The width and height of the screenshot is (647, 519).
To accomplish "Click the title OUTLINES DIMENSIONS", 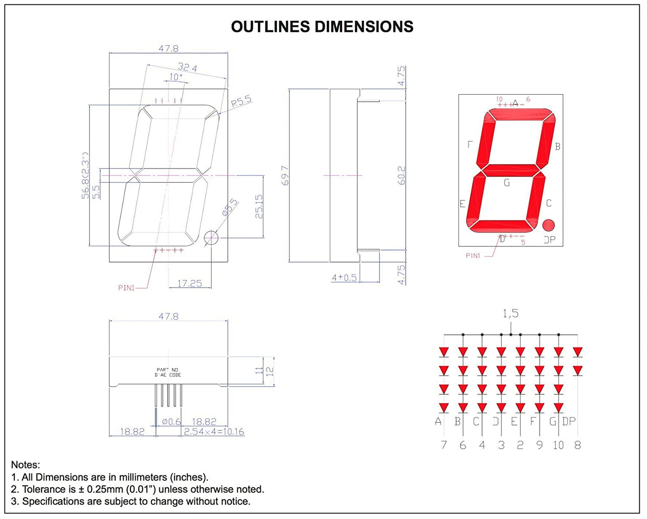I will (x=322, y=27).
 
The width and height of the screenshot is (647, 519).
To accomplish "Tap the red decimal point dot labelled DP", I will (x=548, y=225).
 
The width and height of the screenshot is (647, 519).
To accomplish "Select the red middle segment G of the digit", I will (x=511, y=171).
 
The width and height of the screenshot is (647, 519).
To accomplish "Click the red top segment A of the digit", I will (x=519, y=114).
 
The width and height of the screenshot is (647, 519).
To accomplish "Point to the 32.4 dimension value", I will (x=187, y=68).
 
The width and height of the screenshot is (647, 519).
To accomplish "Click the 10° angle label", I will (x=176, y=77).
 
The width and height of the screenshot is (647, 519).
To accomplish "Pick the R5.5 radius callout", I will (x=241, y=102).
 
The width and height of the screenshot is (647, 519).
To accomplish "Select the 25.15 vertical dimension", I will (x=259, y=207).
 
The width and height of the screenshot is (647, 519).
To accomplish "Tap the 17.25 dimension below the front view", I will (x=189, y=283).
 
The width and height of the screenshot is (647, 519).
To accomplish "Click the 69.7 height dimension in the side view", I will (x=285, y=175).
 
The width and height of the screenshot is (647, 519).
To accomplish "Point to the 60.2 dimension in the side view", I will (x=402, y=175).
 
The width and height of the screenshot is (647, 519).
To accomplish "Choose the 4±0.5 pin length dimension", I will (x=344, y=278).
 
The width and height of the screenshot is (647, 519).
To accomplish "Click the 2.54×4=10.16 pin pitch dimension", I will (x=214, y=432).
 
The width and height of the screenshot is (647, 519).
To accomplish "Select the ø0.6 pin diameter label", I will (x=171, y=422).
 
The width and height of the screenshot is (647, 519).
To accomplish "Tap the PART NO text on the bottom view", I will (x=167, y=370).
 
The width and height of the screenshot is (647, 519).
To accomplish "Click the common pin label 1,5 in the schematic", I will (x=510, y=313).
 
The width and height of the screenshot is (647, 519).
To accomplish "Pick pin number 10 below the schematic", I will (x=558, y=445).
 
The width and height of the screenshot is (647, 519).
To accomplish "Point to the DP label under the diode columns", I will (x=569, y=421).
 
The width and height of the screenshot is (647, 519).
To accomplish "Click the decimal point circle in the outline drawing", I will (x=211, y=238).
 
